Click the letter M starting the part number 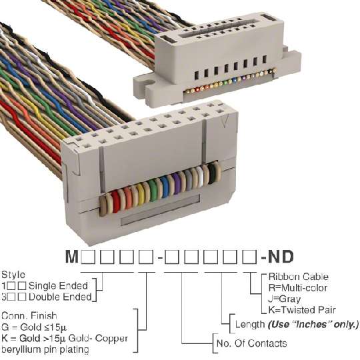click(x=72, y=257)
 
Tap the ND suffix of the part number click(x=281, y=257)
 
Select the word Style click(x=13, y=275)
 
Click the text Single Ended click(x=58, y=286)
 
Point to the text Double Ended click(x=60, y=297)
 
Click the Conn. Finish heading click(x=29, y=316)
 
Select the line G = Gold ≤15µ click(x=34, y=327)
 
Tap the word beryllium click(x=21, y=350)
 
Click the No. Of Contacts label click(x=251, y=343)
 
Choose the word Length click(x=250, y=325)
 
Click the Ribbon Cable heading click(x=298, y=277)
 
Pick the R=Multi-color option click(x=298, y=288)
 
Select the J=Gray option click(x=284, y=299)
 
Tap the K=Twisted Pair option click(x=302, y=310)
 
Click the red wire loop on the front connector click(x=116, y=201)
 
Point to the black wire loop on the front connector click(x=212, y=174)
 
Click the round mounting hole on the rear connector click(x=150, y=83)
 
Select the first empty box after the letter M click(x=88, y=257)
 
